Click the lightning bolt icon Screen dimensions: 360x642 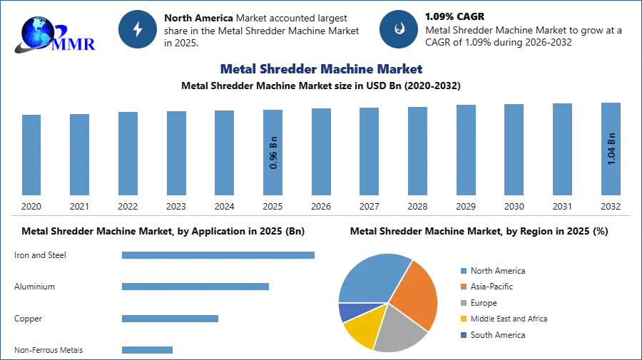click(x=138, y=29)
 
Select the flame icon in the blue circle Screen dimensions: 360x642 click(x=399, y=29)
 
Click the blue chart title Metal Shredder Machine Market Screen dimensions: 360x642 click(x=321, y=69)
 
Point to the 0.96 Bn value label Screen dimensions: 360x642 click(x=273, y=152)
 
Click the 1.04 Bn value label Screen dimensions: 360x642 click(x=611, y=148)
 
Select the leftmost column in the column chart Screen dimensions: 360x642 click(x=31, y=155)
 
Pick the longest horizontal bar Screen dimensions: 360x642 click(x=219, y=256)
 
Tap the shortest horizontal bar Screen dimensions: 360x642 click(x=148, y=349)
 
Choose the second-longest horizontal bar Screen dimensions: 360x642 click(x=196, y=286)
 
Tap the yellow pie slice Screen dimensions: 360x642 click(x=361, y=329)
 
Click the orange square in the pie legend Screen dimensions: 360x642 click(x=463, y=286)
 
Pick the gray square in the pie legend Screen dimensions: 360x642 click(x=463, y=302)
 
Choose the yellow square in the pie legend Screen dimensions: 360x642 click(x=463, y=319)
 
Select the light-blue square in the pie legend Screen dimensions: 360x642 click(x=463, y=270)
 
